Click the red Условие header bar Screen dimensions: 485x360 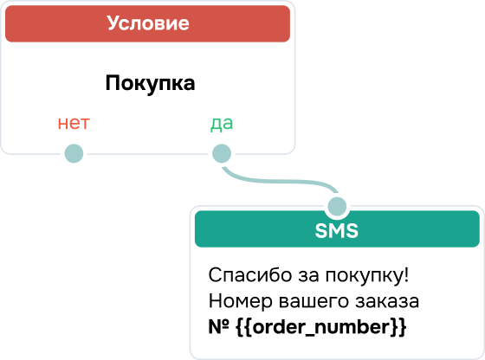click(147, 23)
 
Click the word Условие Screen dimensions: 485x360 click(148, 23)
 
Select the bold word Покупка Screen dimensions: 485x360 click(150, 83)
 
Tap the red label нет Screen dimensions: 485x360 click(74, 123)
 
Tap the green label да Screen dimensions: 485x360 click(222, 124)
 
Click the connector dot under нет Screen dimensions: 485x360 click(74, 153)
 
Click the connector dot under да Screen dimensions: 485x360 click(222, 153)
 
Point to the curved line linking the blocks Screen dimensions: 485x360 click(280, 181)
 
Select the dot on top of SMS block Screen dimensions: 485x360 click(337, 207)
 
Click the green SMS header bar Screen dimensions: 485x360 click(337, 229)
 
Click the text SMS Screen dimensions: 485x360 click(337, 230)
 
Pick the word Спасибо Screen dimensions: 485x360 click(250, 274)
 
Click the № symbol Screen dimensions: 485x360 click(218, 326)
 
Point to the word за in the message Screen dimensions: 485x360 click(308, 275)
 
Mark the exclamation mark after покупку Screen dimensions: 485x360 click(406, 274)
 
